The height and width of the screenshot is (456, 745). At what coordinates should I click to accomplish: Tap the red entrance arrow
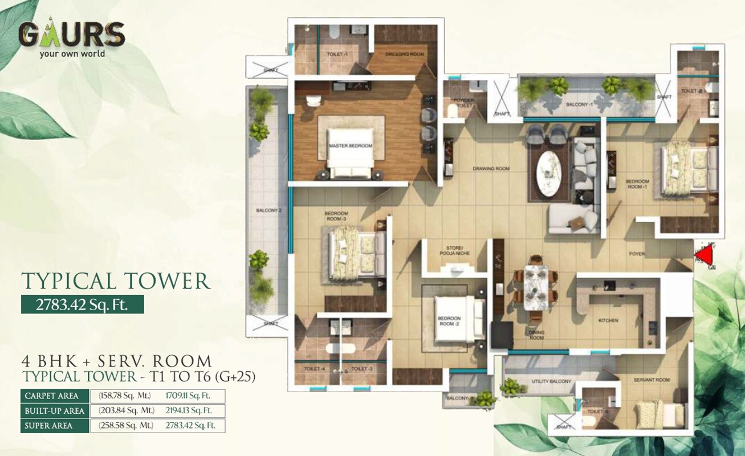pyautogui.click(x=706, y=255)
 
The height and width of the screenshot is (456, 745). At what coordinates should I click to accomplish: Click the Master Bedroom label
pyautogui.click(x=350, y=146)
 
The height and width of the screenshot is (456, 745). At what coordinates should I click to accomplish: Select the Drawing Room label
pyautogui.click(x=491, y=169)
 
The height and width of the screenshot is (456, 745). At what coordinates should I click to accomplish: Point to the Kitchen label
pyautogui.click(x=608, y=321)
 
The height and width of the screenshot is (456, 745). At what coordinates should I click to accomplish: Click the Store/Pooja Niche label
pyautogui.click(x=454, y=251)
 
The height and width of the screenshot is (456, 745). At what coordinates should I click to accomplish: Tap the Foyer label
pyautogui.click(x=637, y=254)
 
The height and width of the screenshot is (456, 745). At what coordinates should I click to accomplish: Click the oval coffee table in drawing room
pyautogui.click(x=549, y=173)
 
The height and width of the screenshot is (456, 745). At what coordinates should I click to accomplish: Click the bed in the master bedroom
pyautogui.click(x=350, y=153)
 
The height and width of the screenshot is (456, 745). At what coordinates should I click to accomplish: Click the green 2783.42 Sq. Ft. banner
pyautogui.click(x=82, y=305)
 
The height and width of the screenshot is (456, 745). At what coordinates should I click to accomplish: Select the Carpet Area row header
pyautogui.click(x=55, y=396)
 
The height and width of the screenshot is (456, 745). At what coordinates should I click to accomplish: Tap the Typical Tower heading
pyautogui.click(x=116, y=280)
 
